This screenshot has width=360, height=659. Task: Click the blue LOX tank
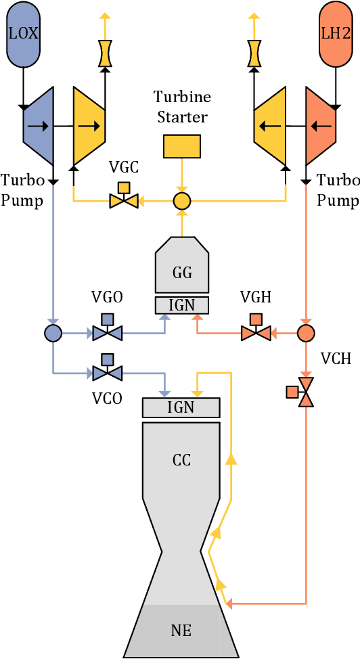pos(24,33)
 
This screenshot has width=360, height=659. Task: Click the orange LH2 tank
pos(336,33)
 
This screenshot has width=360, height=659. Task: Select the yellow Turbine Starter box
pos(181,146)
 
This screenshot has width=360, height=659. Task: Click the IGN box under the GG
pos(182,305)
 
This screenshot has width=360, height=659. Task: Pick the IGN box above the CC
pos(181,407)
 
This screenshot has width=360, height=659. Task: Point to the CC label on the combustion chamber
pos(181,461)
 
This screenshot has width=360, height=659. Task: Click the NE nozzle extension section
pos(181,631)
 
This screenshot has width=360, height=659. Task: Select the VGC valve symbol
pos(124,200)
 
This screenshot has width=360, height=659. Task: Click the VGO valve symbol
pos(107,332)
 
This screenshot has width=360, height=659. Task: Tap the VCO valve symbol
pos(107,371)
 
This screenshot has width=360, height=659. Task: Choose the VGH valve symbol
pos(256,332)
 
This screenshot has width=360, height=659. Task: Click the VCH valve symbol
pos(306,392)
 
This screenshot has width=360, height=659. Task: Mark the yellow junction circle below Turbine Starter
pos(181,201)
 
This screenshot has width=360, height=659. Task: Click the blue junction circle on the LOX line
pos(53,333)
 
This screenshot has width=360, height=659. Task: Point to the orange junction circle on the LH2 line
pos(306,333)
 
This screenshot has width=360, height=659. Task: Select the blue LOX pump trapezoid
pos(38,126)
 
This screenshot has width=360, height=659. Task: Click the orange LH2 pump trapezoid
pos(321,126)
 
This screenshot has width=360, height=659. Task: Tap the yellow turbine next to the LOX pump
pos(89,126)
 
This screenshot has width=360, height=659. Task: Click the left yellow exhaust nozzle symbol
pos(105,53)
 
